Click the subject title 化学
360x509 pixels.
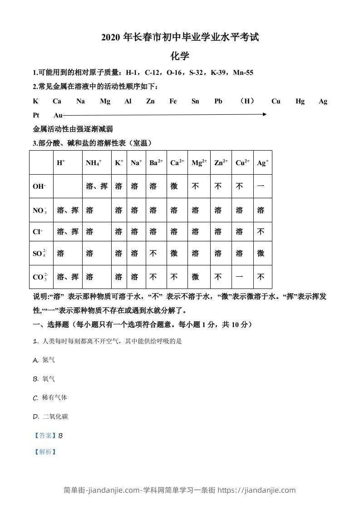[180, 56]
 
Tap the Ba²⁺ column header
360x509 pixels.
[156, 162]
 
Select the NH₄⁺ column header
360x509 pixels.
[94, 162]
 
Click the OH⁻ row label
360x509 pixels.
[39, 186]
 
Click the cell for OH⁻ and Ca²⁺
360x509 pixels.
[174, 186]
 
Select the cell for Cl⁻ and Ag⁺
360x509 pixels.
[261, 231]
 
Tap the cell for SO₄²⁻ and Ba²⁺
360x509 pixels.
[153, 253]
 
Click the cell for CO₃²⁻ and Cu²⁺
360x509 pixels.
[239, 277]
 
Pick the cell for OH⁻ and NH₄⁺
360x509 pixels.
[96, 186]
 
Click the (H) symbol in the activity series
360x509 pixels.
[247, 101]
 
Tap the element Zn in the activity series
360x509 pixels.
[150, 101]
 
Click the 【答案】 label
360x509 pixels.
[45, 436]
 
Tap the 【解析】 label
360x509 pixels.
[45, 452]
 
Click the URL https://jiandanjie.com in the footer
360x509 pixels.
[256, 490]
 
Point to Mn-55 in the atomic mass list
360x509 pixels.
[243, 73]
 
